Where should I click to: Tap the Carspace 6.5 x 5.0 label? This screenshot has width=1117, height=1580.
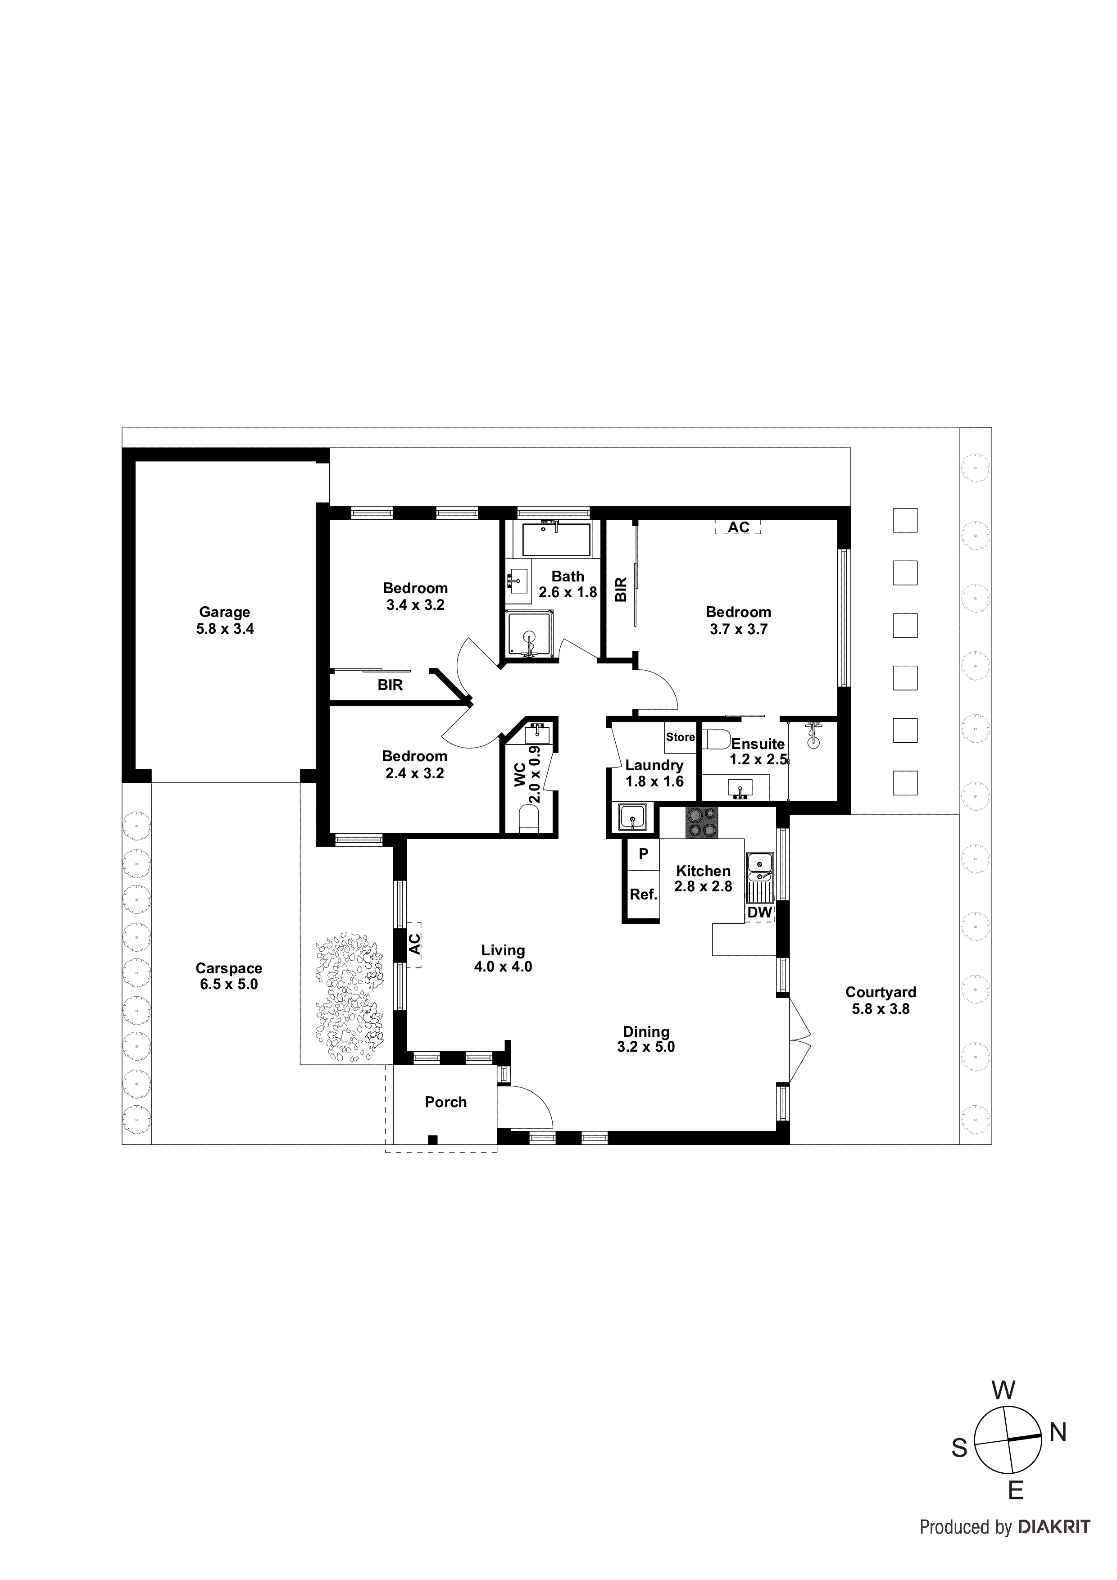tap(228, 976)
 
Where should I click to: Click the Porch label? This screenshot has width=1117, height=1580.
tap(445, 1102)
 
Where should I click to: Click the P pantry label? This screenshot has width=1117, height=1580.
tap(644, 854)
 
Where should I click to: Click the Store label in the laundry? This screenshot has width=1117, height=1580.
tap(680, 737)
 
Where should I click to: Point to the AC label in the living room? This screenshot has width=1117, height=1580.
tap(415, 944)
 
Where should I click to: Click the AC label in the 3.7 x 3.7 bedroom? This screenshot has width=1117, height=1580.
tap(739, 527)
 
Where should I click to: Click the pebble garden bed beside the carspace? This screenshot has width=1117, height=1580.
tap(349, 995)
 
